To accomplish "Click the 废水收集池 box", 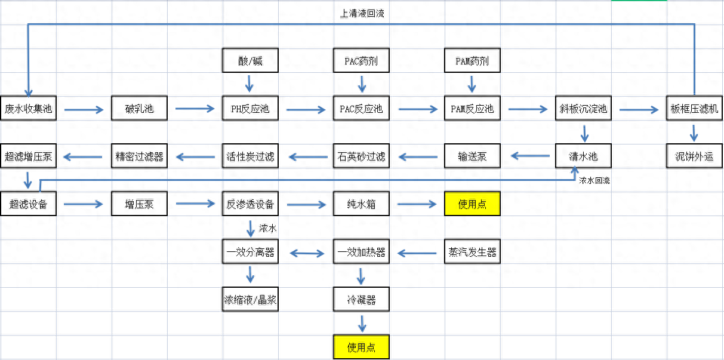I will [28, 109].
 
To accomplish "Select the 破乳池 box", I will [139, 109].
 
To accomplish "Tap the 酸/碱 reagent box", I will [250, 61].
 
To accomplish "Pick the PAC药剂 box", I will [361, 61].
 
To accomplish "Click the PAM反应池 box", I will [472, 109].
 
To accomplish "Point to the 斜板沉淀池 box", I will [583, 109].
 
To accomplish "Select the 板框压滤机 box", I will [694, 109].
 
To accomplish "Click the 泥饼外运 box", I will [694, 156].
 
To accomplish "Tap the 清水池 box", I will [583, 156].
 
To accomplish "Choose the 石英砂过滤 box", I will [361, 156].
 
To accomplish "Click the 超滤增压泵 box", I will [28, 156].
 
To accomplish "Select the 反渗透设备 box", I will [250, 204].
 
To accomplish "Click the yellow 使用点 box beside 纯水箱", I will [472, 204].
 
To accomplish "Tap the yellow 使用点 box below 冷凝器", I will [361, 347].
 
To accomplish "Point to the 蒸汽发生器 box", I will [472, 252].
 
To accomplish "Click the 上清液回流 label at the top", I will [362, 13].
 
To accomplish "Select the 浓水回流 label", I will [594, 180].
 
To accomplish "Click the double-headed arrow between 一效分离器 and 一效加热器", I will [306, 254].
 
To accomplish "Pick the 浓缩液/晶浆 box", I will [250, 300].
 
